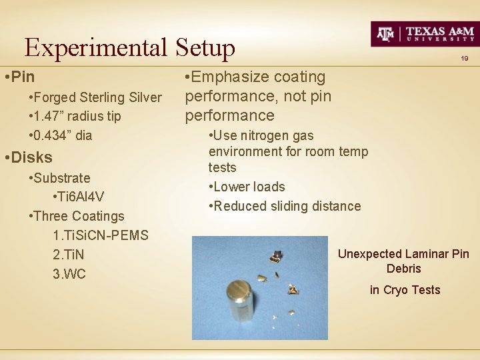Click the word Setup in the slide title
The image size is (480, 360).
205,47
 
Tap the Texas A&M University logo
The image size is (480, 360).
423,33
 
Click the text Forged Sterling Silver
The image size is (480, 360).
99,97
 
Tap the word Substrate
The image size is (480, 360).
63,178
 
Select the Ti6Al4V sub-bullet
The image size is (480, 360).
77,197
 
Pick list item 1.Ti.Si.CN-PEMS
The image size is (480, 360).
100,235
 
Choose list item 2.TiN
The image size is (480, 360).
68,255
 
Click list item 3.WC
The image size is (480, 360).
69,274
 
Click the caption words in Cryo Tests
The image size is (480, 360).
405,289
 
